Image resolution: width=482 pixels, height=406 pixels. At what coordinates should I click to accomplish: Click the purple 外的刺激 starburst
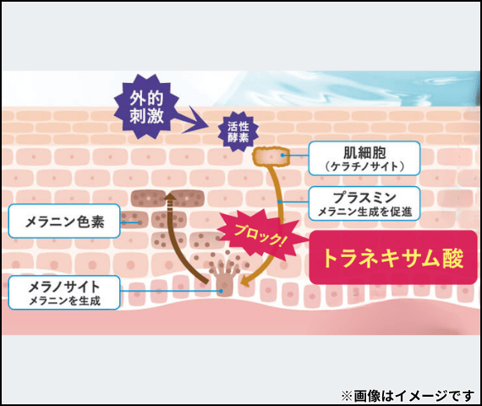[146, 106]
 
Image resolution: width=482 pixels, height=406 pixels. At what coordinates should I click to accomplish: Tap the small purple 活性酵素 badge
[238, 132]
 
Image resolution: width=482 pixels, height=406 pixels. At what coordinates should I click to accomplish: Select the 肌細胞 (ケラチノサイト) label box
[364, 158]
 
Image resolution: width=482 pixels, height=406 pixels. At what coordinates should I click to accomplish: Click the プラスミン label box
[364, 203]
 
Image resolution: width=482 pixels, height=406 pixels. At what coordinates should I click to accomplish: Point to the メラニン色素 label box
[64, 221]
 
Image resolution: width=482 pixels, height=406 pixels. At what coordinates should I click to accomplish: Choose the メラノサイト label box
[64, 293]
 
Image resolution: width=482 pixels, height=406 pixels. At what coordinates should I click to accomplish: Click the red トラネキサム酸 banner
[393, 257]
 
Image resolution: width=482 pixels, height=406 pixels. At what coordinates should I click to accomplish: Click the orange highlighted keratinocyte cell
[271, 156]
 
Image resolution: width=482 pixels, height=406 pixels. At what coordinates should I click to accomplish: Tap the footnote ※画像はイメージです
[408, 396]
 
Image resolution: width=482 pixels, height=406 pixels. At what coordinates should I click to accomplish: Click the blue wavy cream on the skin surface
[348, 88]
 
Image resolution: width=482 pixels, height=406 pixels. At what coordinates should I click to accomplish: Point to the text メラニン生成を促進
[364, 211]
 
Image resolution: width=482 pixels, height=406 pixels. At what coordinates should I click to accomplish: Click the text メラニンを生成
[64, 300]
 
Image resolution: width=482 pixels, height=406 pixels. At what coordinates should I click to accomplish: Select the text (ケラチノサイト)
[364, 167]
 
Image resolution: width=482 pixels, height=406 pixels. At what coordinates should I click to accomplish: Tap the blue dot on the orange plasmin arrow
[280, 202]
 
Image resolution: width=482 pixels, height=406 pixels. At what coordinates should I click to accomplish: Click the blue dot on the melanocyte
[221, 291]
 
